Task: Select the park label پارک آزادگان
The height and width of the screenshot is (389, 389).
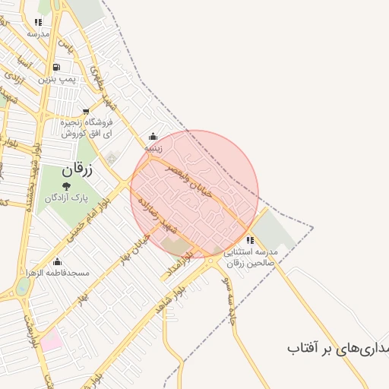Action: tap(66, 198)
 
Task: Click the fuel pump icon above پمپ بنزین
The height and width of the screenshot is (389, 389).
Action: tap(58, 67)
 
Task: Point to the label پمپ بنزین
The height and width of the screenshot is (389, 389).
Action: tap(59, 79)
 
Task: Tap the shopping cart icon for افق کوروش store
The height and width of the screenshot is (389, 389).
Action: tap(86, 111)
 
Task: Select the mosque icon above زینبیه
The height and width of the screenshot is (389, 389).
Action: tap(153, 137)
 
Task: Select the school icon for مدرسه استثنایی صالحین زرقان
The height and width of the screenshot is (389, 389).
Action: tap(250, 240)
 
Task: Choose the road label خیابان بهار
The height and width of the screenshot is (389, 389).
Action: tap(133, 248)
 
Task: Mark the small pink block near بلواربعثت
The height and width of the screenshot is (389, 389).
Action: tap(50, 340)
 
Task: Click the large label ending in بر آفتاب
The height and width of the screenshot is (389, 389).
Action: tap(337, 348)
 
